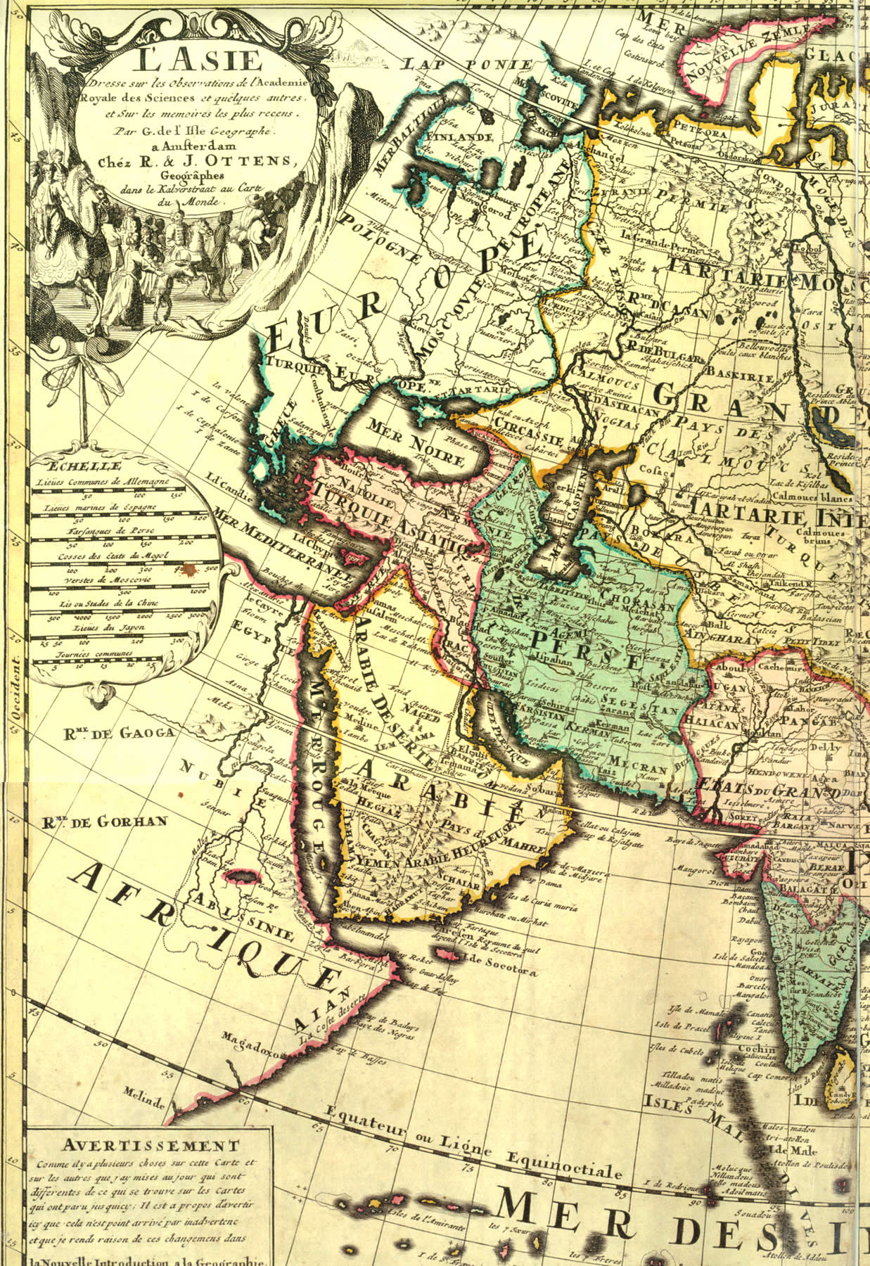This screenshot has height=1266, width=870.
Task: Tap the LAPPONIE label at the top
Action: [x=478, y=64]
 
